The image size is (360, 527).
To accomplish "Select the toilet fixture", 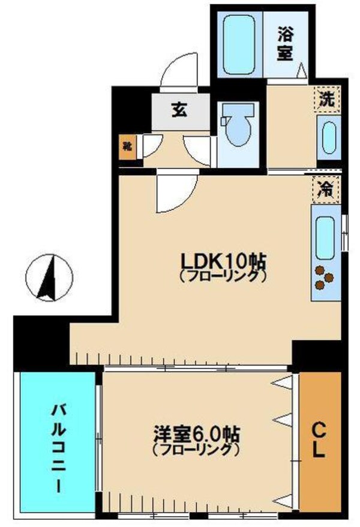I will coord(238,127).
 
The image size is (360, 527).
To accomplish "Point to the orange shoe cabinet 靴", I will coord(127,146).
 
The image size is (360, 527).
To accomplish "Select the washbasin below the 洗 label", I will coord(328,138).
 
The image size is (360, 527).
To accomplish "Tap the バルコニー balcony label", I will coord(58,447).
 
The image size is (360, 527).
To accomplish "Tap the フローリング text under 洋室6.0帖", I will coord(196,449).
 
